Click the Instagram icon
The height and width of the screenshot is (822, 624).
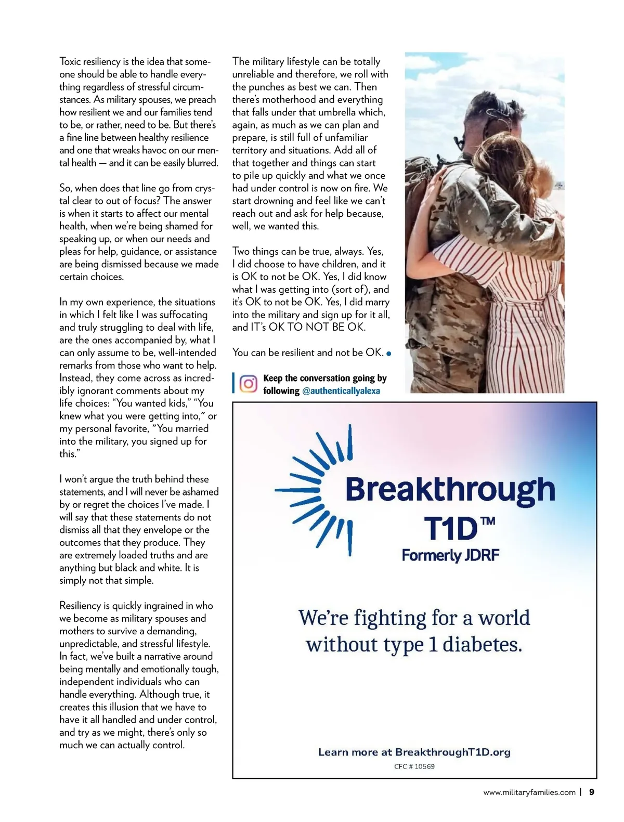[x=249, y=384]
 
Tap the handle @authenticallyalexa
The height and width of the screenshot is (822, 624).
[x=341, y=391]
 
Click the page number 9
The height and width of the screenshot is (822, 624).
[x=591, y=792]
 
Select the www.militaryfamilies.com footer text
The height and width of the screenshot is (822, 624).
[x=529, y=793]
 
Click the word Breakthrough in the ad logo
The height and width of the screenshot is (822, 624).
[x=450, y=490]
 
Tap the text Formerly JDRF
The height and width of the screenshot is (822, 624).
[x=450, y=555]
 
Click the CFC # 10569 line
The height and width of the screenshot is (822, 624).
[x=414, y=766]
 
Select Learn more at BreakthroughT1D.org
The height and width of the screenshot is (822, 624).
[x=414, y=752]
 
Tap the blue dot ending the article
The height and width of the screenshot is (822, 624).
[x=389, y=354]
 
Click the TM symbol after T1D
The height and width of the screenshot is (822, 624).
[x=488, y=521]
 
